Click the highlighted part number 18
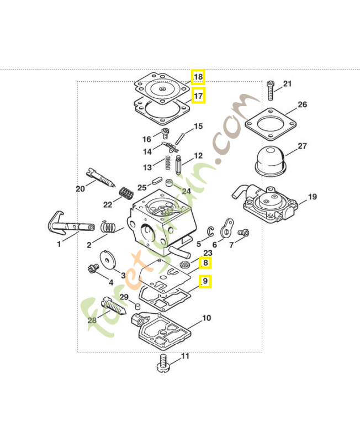pos(198,77)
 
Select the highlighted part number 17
pos(198,96)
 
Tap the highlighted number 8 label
pos(205,263)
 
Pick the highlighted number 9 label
pos(205,282)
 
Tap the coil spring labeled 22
pos(127,194)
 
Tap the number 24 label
pos(186,191)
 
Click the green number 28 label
pos(92,319)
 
